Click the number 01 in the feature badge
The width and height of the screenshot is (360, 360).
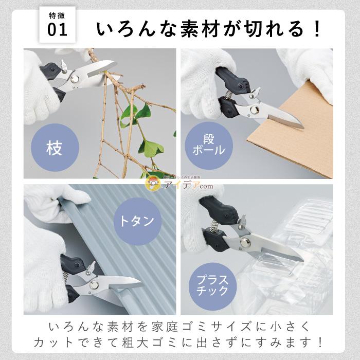[57, 30]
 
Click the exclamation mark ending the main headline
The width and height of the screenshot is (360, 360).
[315, 29]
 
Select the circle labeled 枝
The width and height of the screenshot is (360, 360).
[54, 149]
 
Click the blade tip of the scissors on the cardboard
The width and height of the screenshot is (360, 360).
[302, 125]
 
